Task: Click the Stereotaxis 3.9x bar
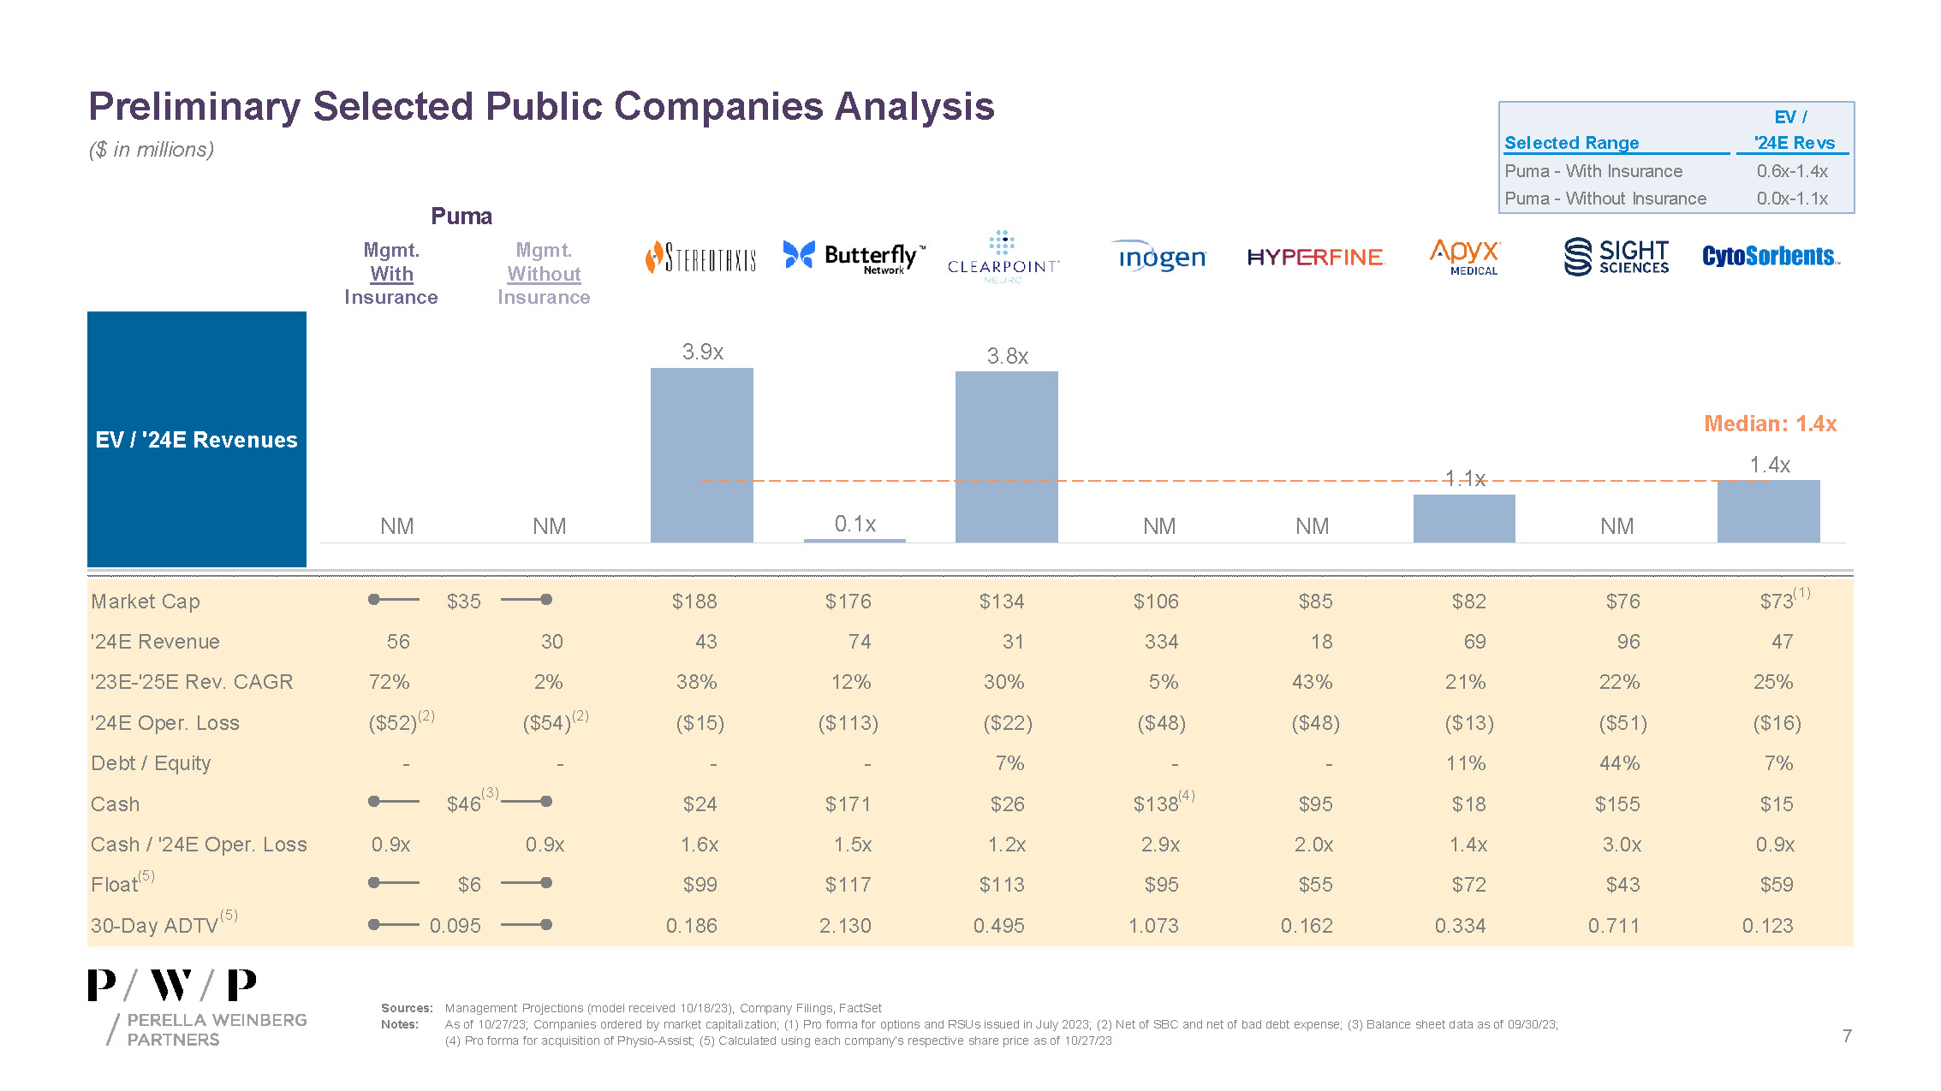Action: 701,454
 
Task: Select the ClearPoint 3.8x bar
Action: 1006,456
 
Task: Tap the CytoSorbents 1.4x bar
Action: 1768,511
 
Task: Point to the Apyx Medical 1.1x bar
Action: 1463,518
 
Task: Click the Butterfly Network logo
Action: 853,256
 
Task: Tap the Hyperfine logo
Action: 1314,257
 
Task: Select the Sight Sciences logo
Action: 1616,257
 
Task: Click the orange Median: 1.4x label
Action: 1770,424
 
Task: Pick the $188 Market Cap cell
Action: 694,602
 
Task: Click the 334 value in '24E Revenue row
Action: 1161,642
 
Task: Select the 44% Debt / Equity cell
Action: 1619,763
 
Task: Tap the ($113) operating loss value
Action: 848,723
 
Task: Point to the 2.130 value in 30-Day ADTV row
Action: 845,926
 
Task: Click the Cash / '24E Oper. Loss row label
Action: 199,845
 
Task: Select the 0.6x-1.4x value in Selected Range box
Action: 1792,171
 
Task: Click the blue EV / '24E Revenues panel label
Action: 197,440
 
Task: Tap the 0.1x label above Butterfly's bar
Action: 854,524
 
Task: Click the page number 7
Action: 1847,1036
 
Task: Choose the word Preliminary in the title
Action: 194,107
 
